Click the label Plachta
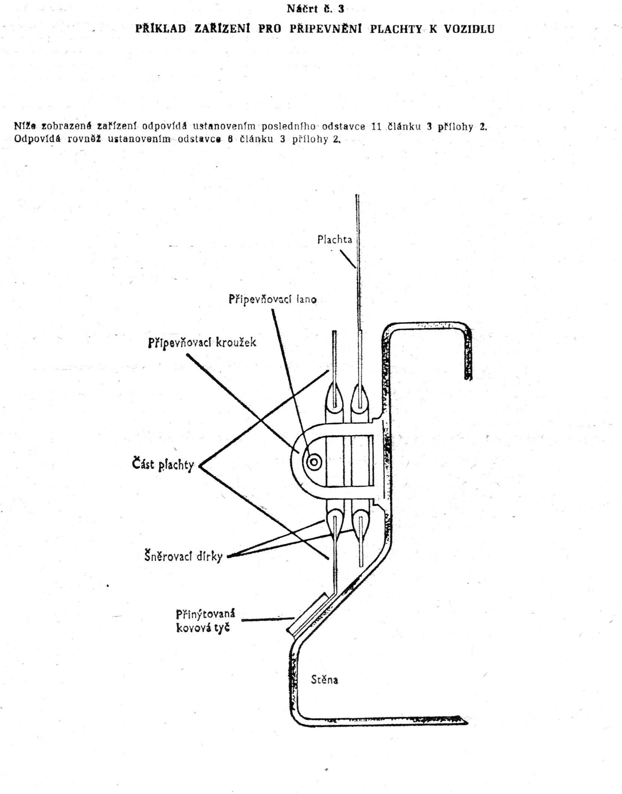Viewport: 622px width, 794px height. click(x=334, y=239)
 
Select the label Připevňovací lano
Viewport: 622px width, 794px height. click(x=273, y=299)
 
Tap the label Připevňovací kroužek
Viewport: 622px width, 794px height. click(x=202, y=343)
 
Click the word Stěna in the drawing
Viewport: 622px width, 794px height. click(x=324, y=679)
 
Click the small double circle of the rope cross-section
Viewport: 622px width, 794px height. click(x=314, y=462)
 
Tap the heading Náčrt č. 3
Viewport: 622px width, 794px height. click(x=315, y=9)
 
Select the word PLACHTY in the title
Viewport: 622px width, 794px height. click(x=396, y=29)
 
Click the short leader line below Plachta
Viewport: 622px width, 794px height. click(x=348, y=259)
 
